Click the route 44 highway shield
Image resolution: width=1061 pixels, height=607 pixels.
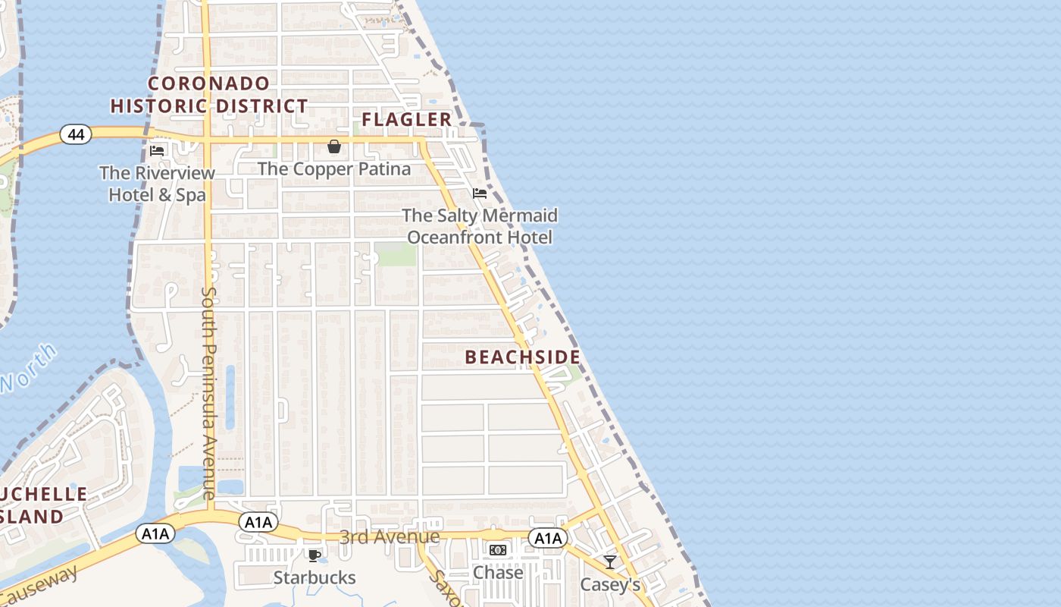click(76, 134)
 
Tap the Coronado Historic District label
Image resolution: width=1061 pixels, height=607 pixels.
click(209, 95)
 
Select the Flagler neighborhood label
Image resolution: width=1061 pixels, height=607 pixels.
click(406, 119)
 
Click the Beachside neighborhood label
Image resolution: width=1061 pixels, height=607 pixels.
click(522, 357)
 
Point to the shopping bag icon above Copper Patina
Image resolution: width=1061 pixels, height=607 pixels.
click(333, 146)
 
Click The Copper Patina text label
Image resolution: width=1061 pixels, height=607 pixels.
click(334, 168)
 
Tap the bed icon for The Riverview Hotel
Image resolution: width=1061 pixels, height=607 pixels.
click(157, 150)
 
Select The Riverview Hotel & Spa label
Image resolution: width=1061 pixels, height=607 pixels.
click(157, 184)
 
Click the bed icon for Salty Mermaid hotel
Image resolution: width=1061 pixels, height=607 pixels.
click(479, 193)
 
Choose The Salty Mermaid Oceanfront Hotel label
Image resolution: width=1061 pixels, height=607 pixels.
click(480, 226)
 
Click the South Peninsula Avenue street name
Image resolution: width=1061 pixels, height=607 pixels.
click(209, 392)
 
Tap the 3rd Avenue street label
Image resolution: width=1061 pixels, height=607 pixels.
click(389, 537)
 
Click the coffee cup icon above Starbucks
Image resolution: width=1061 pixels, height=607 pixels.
click(314, 555)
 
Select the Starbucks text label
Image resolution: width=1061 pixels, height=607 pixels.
click(314, 577)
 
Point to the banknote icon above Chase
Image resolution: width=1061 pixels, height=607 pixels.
click(497, 550)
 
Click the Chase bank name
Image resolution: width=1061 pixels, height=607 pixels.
click(497, 572)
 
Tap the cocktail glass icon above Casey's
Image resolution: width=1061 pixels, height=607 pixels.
click(609, 562)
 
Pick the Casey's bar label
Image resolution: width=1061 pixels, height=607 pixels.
click(609, 584)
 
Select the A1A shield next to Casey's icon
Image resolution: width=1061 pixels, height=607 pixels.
click(547, 538)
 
